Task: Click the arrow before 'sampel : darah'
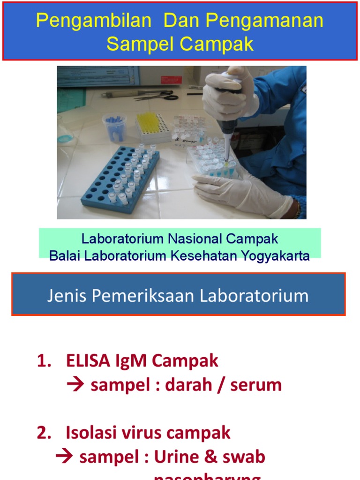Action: click(x=75, y=385)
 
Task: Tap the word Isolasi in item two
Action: click(x=89, y=433)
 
